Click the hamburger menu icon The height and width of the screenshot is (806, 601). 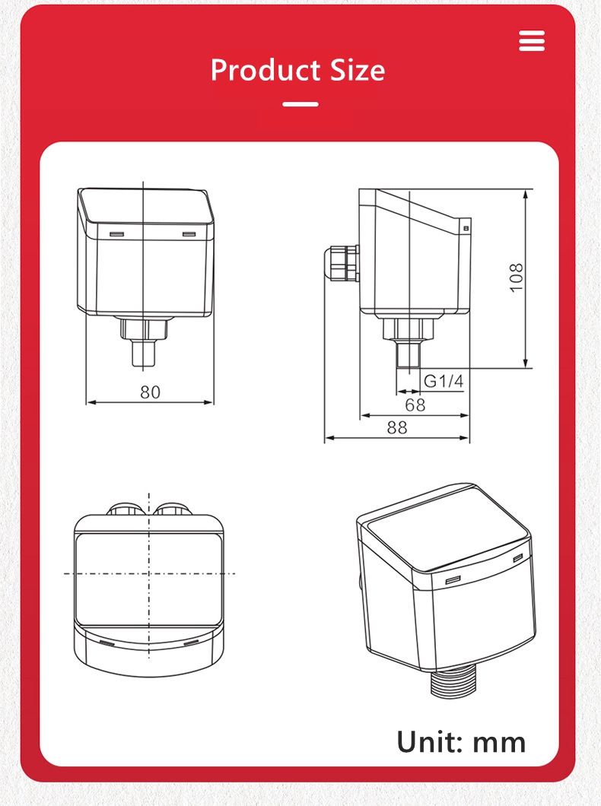532,40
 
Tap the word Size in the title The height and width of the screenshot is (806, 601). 358,70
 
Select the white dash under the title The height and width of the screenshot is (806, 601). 300,104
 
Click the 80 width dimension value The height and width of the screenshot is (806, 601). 150,392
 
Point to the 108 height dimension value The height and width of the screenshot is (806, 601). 516,278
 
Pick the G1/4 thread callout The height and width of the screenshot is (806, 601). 444,381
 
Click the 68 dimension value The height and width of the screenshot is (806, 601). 415,405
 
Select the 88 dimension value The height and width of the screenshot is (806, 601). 397,427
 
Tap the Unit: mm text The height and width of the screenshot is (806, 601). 461,741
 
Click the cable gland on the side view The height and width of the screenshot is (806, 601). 341,262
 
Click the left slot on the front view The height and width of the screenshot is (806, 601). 116,234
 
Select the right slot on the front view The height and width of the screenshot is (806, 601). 189,234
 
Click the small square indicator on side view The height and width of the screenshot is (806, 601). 466,227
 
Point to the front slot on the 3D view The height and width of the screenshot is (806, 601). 453,580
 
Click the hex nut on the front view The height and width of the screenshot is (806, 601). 145,328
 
